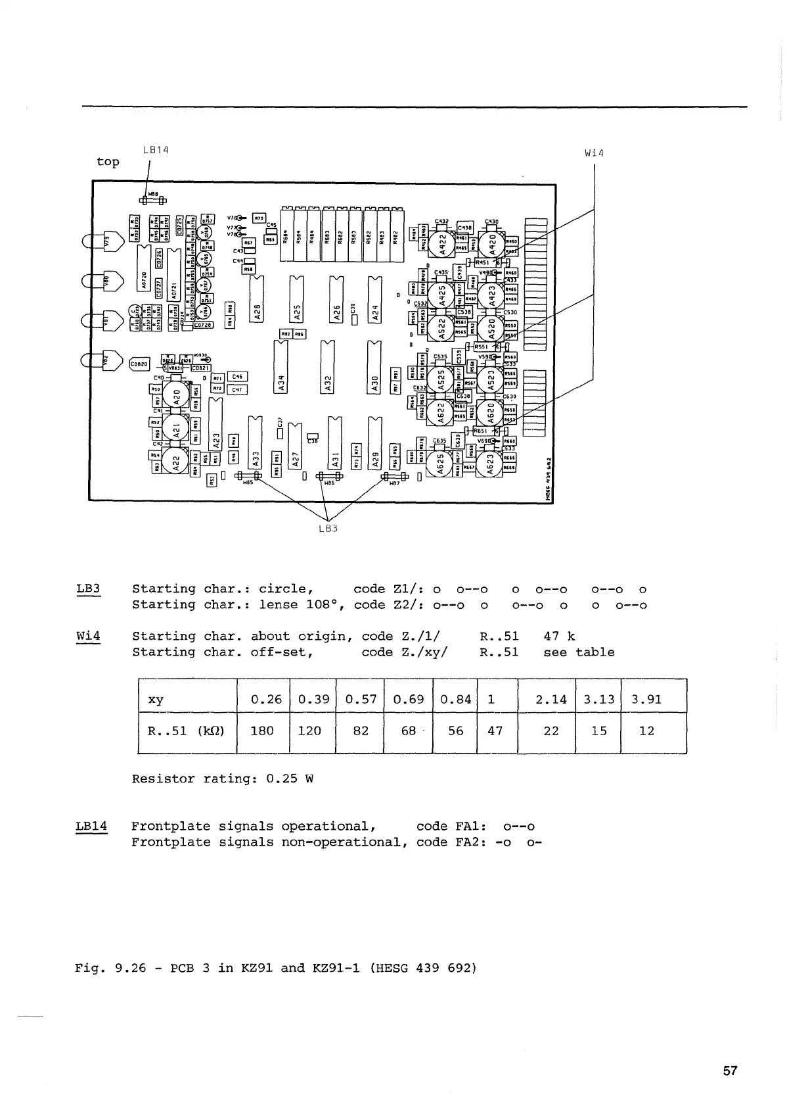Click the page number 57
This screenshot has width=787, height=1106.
coord(730,1071)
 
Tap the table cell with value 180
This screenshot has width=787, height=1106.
coord(262,731)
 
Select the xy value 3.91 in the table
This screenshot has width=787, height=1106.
coord(646,699)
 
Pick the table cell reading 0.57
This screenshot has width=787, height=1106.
coord(361,699)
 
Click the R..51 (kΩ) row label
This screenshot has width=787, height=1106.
coord(186,731)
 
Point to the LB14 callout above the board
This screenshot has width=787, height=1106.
coord(156,150)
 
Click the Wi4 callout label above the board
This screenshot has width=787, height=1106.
coord(594,154)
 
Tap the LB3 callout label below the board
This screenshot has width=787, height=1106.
coord(327,528)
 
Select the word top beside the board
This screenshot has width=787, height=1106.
coord(108,162)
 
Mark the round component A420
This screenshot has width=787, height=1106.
coord(492,245)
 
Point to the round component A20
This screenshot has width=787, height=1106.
coord(175,397)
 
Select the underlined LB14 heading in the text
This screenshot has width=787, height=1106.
coord(91,826)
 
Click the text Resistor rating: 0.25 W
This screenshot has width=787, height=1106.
coord(222,779)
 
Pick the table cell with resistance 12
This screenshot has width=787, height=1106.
coord(646,731)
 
